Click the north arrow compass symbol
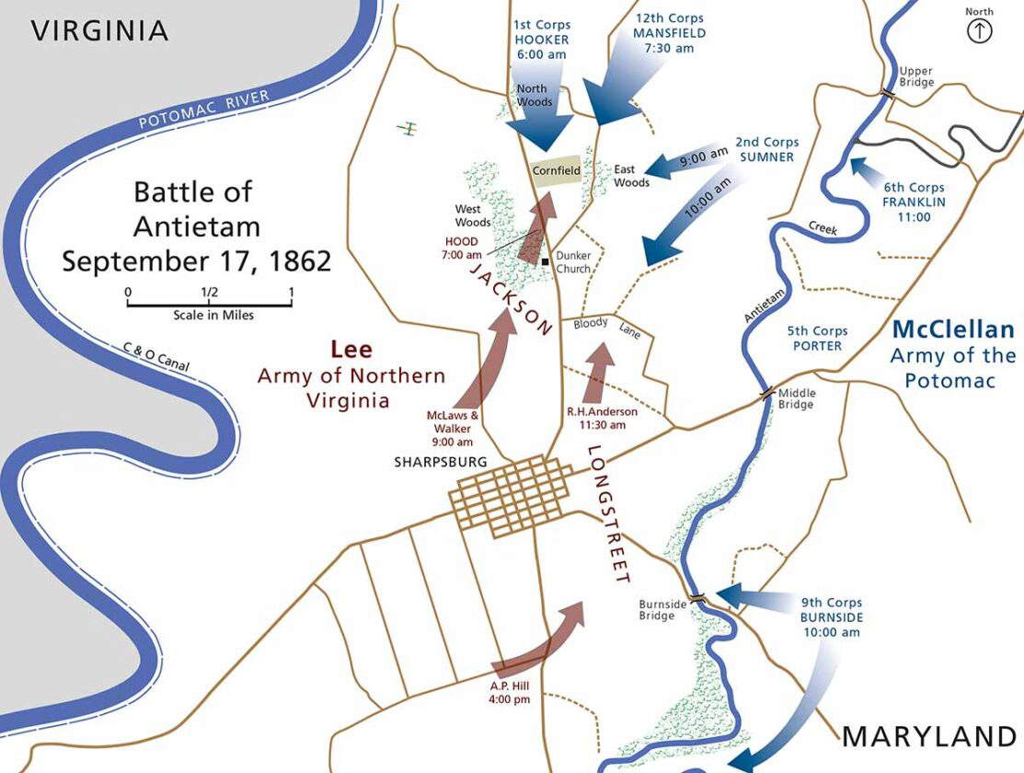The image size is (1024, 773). (980, 31)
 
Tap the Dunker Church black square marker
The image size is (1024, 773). (546, 262)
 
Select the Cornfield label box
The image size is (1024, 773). (557, 171)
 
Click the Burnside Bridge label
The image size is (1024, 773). (657, 610)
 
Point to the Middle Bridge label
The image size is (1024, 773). (797, 398)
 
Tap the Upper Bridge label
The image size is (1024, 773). (916, 76)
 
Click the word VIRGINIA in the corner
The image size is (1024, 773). (100, 30)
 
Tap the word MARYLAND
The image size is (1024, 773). (929, 736)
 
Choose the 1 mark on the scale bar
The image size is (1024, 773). (291, 294)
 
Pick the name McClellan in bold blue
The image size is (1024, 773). (953, 329)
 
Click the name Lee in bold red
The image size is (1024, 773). (351, 350)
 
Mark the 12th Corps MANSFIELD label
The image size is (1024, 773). (670, 32)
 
